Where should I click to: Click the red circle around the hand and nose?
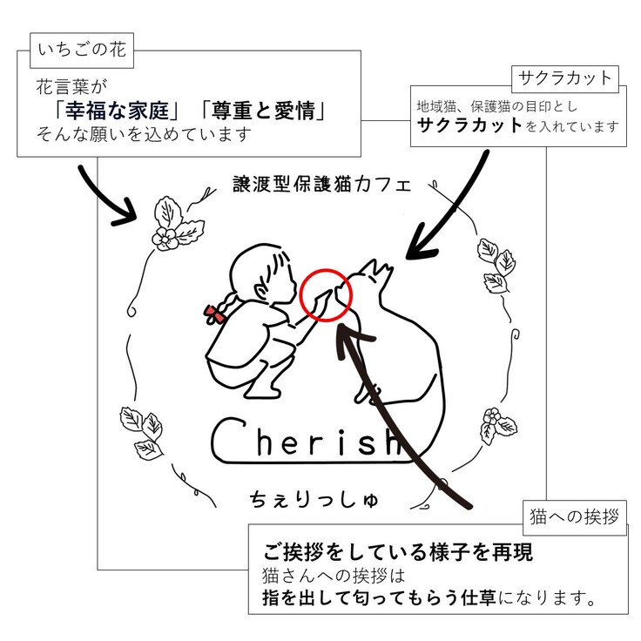pyautogui.click(x=326, y=294)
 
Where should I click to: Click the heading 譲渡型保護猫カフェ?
pyautogui.click(x=321, y=185)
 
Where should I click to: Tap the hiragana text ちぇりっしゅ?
pyautogui.click(x=317, y=499)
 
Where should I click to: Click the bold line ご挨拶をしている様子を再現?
pyautogui.click(x=398, y=552)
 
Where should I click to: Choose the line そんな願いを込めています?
pyautogui.click(x=144, y=135)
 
